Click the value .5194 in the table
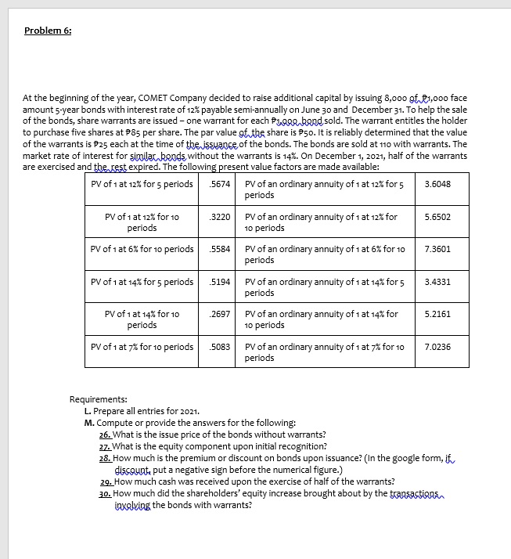click(220, 282)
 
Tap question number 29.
click(105, 482)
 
